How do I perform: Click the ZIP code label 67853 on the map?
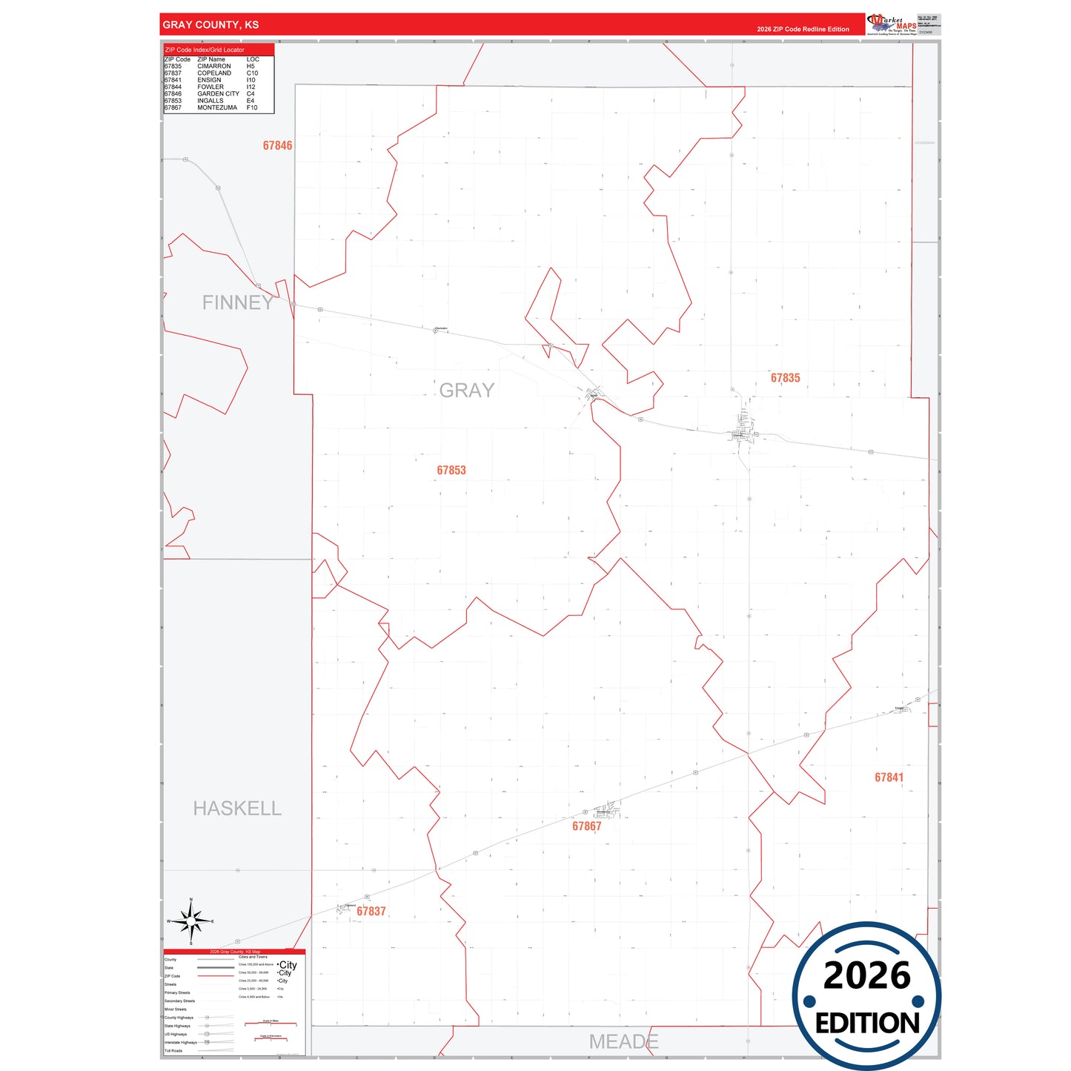[x=451, y=471]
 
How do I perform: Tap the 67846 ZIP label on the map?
[x=277, y=146]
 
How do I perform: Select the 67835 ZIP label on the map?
[x=785, y=378]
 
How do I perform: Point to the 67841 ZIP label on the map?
[x=889, y=777]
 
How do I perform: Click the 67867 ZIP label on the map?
[x=586, y=826]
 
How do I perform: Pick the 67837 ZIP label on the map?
[x=371, y=912]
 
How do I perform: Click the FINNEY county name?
[x=238, y=302]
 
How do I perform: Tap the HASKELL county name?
[x=237, y=809]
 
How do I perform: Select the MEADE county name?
[x=623, y=1042]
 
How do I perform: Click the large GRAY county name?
[x=466, y=391]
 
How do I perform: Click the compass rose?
[x=191, y=921]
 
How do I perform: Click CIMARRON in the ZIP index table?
[x=214, y=67]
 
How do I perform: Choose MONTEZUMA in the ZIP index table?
[x=217, y=108]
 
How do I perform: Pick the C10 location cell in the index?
[x=252, y=73]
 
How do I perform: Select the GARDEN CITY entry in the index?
[x=218, y=94]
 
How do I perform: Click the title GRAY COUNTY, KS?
[x=210, y=25]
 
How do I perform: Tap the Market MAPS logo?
[x=892, y=24]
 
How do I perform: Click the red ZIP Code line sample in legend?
[x=216, y=976]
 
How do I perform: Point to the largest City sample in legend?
[x=288, y=965]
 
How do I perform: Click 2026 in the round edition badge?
[x=866, y=976]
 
